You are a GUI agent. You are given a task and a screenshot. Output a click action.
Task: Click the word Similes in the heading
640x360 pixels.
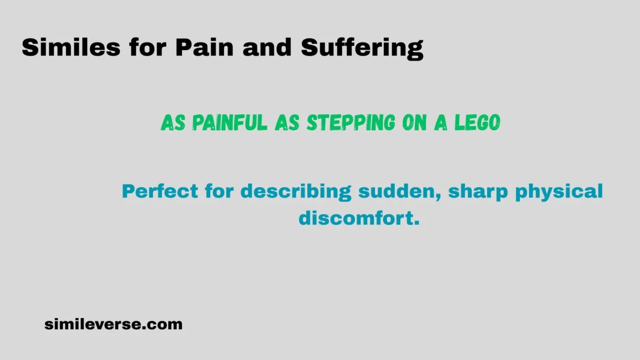[71, 48]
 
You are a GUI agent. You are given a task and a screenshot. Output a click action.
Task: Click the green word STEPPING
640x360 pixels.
[351, 123]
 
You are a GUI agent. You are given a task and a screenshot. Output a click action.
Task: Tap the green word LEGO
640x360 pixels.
[477, 123]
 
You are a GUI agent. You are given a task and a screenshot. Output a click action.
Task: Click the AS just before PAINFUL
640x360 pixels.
[173, 123]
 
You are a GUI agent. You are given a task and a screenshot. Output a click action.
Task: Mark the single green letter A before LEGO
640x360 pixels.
[441, 123]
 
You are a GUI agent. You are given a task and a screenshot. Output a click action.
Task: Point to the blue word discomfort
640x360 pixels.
[359, 218]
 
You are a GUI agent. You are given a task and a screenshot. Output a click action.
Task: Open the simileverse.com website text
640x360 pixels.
[113, 324]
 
